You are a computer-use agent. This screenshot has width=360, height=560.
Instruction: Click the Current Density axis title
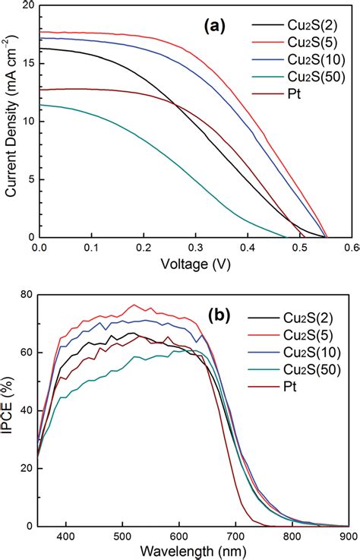pos(11,123)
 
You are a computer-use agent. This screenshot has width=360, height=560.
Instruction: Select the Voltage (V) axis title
pos(195,264)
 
